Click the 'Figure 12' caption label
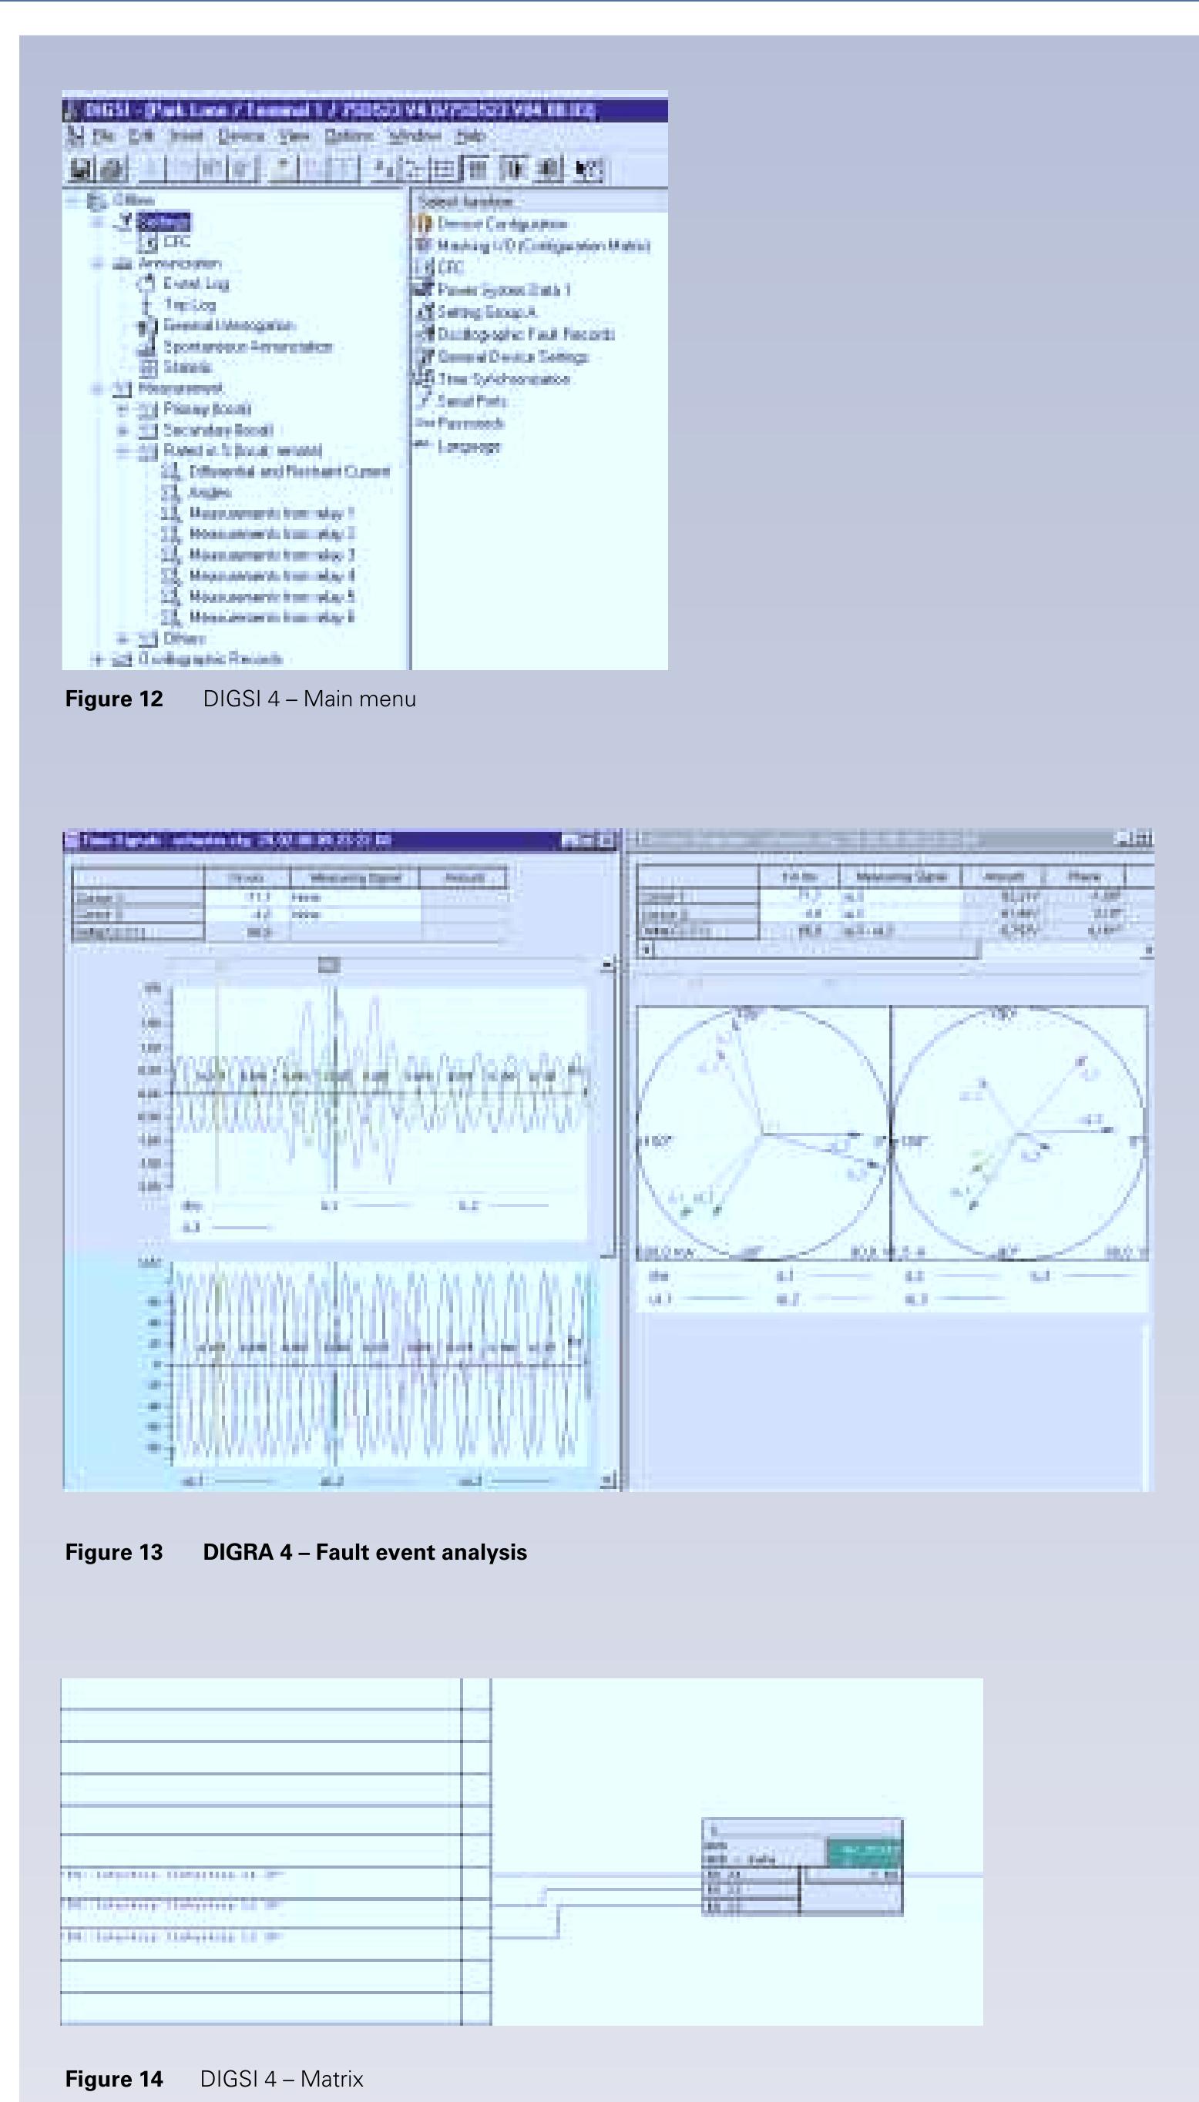tap(113, 699)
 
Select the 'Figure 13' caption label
tap(113, 1552)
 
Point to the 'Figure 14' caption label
tap(113, 2079)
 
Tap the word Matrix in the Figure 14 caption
tap(332, 2079)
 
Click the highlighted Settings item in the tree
tap(164, 221)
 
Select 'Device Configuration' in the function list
tap(502, 224)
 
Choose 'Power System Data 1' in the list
tap(504, 290)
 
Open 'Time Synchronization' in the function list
tap(503, 379)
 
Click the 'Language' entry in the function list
tap(469, 446)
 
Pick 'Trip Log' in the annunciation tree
tap(190, 304)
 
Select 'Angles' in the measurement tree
tap(210, 492)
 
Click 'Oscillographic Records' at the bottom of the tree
tap(210, 659)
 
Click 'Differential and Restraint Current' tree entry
tap(289, 471)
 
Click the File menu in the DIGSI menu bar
tap(102, 136)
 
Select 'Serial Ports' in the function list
tap(472, 401)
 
